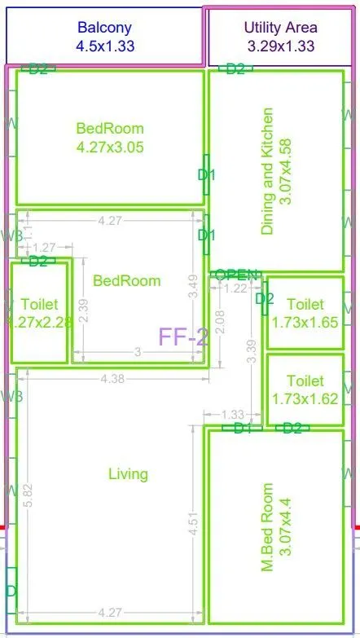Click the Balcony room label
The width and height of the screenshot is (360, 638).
point(104,37)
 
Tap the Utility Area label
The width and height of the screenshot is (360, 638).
point(280,37)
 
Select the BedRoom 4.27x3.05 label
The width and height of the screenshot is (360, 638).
point(110,138)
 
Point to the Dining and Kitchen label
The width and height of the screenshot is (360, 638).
point(276,171)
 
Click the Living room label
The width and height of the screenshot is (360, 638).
point(128,474)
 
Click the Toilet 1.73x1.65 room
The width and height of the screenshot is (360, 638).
point(305,313)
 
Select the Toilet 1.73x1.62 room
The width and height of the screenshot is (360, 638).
point(305,389)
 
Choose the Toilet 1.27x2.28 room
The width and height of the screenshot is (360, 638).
point(38,313)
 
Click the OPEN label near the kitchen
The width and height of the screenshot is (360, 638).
point(237,275)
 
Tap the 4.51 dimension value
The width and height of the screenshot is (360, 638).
point(193,522)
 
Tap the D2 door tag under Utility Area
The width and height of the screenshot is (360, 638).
point(235,69)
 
